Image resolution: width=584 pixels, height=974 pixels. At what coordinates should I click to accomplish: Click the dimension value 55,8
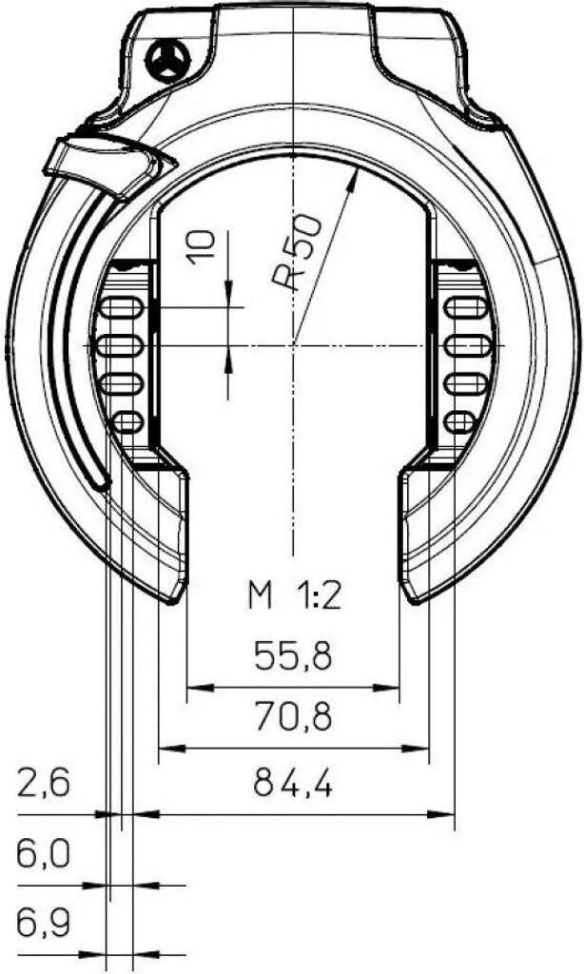point(293,656)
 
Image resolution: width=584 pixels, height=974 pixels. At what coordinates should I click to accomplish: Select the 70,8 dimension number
point(293,716)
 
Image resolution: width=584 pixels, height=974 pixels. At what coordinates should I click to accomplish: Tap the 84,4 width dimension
point(293,784)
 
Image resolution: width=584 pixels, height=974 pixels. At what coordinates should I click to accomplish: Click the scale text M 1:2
point(295,597)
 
